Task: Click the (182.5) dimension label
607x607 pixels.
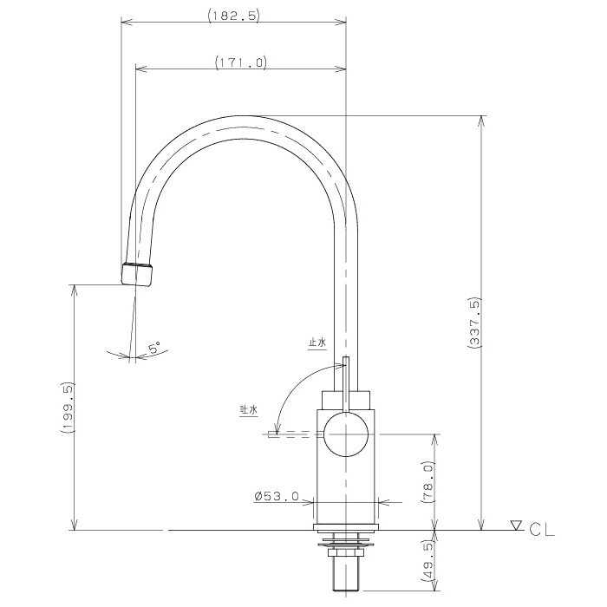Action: (x=234, y=16)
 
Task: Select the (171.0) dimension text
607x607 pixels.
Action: (x=241, y=62)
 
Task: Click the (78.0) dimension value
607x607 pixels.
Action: (x=428, y=481)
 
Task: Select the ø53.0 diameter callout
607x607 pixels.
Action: (x=277, y=496)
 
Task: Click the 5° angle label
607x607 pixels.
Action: (x=154, y=348)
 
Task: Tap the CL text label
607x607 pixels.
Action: (x=542, y=529)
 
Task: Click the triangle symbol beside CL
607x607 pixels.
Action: (x=516, y=525)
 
